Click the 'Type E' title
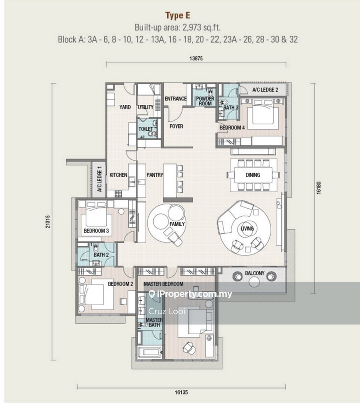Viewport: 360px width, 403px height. [180, 15]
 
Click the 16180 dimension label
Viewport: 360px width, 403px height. [318, 188]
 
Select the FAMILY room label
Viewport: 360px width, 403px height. [177, 224]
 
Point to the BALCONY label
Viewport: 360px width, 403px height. [255, 273]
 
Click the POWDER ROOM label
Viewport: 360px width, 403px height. [205, 101]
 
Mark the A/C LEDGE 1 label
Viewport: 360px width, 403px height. [100, 179]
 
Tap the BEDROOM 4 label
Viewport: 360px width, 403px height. [232, 128]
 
